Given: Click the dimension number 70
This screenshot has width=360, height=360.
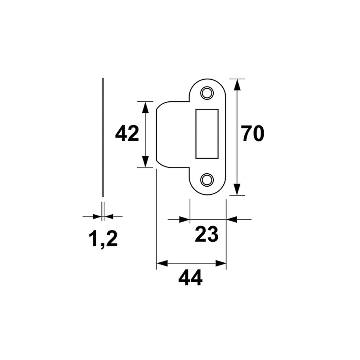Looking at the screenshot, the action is pyautogui.click(x=252, y=133).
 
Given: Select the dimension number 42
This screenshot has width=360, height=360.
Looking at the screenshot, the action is pyautogui.click(x=127, y=133).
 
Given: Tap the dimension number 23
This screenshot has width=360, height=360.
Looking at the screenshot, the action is pyautogui.click(x=207, y=234).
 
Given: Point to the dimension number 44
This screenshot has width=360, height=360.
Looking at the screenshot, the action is pyautogui.click(x=190, y=278).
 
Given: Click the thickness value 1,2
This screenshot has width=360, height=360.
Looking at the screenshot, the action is pyautogui.click(x=103, y=239).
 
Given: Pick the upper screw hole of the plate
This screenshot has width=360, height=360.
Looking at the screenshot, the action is pyautogui.click(x=207, y=93).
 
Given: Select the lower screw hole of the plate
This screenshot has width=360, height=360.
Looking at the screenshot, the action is pyautogui.click(x=207, y=180).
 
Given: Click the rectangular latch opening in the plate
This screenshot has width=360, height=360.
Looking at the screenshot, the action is pyautogui.click(x=207, y=134).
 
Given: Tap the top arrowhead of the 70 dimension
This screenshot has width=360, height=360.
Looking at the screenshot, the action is pyautogui.click(x=237, y=85).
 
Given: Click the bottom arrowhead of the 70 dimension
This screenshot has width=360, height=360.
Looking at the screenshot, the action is pyautogui.click(x=237, y=189).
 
